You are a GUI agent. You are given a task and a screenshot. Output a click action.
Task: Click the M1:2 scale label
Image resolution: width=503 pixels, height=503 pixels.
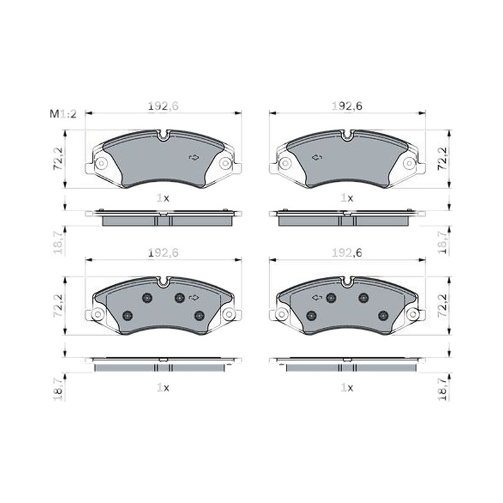point(64,114)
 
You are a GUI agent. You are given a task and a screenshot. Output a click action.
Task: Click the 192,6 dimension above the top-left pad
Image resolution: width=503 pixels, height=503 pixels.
point(163,106)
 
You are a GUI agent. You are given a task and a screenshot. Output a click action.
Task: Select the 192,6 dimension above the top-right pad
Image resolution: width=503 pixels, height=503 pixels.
point(347,106)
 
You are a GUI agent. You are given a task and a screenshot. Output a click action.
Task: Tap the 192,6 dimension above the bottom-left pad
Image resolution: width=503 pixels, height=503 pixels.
point(163,253)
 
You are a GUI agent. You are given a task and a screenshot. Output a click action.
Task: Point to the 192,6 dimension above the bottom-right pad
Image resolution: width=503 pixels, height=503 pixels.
point(347,253)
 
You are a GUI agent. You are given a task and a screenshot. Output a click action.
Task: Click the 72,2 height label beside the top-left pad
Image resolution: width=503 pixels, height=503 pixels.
point(58,159)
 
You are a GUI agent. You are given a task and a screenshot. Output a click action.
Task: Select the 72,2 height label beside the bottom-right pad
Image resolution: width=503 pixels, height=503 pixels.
point(443,306)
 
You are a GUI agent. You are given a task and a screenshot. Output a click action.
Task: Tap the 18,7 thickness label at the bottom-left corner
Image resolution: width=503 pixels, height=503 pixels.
point(58,389)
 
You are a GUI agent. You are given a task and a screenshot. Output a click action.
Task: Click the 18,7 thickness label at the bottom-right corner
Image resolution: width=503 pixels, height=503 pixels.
point(443,389)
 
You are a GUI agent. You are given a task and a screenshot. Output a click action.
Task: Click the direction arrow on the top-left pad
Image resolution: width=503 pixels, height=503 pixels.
point(194,157)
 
